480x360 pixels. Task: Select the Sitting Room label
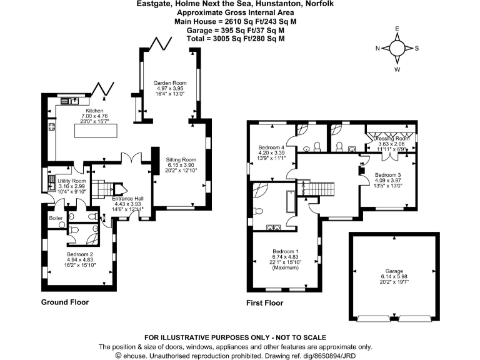181,159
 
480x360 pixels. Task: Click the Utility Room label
71,181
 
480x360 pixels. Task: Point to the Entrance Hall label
129,198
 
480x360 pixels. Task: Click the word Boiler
56,217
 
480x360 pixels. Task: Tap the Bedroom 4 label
271,147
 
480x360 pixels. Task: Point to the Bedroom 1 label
285,251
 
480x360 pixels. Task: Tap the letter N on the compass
377,48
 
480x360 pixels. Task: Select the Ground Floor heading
65,302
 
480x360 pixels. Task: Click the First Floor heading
264,302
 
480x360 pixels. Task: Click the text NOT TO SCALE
294,337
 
